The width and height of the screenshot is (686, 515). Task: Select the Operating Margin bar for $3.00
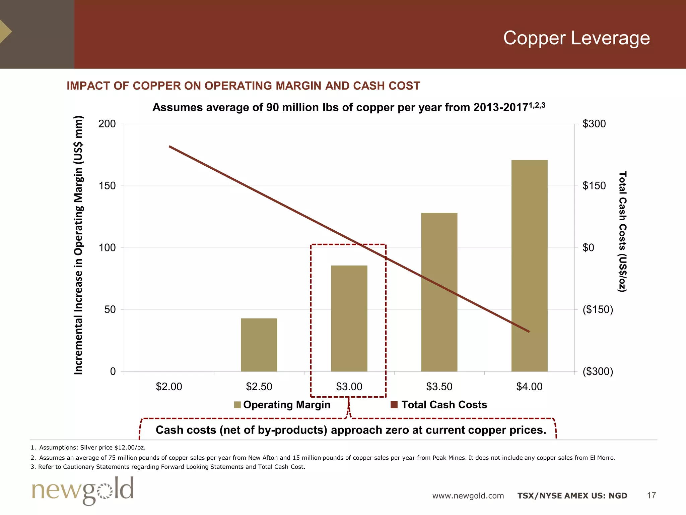coord(349,318)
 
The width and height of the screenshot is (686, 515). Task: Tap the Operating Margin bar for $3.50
coord(439,292)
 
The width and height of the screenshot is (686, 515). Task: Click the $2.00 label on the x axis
coord(169,387)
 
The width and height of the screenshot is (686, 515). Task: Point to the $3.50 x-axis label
coord(439,387)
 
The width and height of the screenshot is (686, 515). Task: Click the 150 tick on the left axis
coord(107,186)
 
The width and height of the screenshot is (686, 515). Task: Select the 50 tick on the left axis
coord(110,309)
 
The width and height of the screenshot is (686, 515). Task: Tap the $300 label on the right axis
coord(594,124)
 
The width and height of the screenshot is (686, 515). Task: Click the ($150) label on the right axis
coord(598,309)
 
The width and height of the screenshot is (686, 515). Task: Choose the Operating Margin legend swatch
coord(237,405)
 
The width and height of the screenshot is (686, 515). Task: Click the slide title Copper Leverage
coord(576,38)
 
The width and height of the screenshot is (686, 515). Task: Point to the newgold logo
coord(83,490)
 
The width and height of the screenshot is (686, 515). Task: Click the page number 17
coord(651,495)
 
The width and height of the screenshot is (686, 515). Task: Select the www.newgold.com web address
coord(468,496)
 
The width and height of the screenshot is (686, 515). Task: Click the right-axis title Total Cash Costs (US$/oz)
coord(622,231)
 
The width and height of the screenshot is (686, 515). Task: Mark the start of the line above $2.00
coord(169,146)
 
